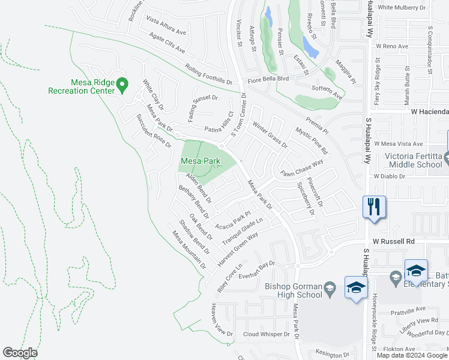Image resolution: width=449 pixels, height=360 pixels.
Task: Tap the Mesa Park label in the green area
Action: [200, 161]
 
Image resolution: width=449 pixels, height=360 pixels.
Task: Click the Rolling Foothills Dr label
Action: [209, 75]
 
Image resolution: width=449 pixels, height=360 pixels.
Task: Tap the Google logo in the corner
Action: [20, 353]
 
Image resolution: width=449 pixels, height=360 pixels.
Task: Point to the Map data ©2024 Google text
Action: [412, 355]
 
